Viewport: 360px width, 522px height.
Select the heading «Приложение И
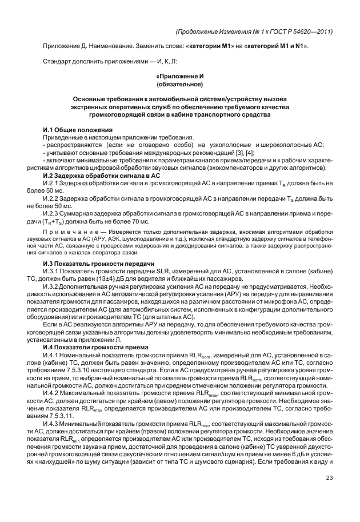[x=180, y=76]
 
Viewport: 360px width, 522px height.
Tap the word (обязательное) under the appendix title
[x=180, y=84]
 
